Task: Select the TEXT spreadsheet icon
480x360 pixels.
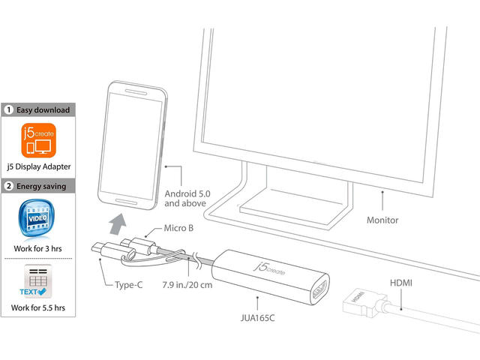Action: click(x=37, y=280)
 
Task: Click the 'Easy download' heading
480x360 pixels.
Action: click(x=43, y=110)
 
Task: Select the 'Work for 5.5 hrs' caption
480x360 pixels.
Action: click(x=38, y=307)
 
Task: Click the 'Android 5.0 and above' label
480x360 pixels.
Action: click(x=187, y=198)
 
